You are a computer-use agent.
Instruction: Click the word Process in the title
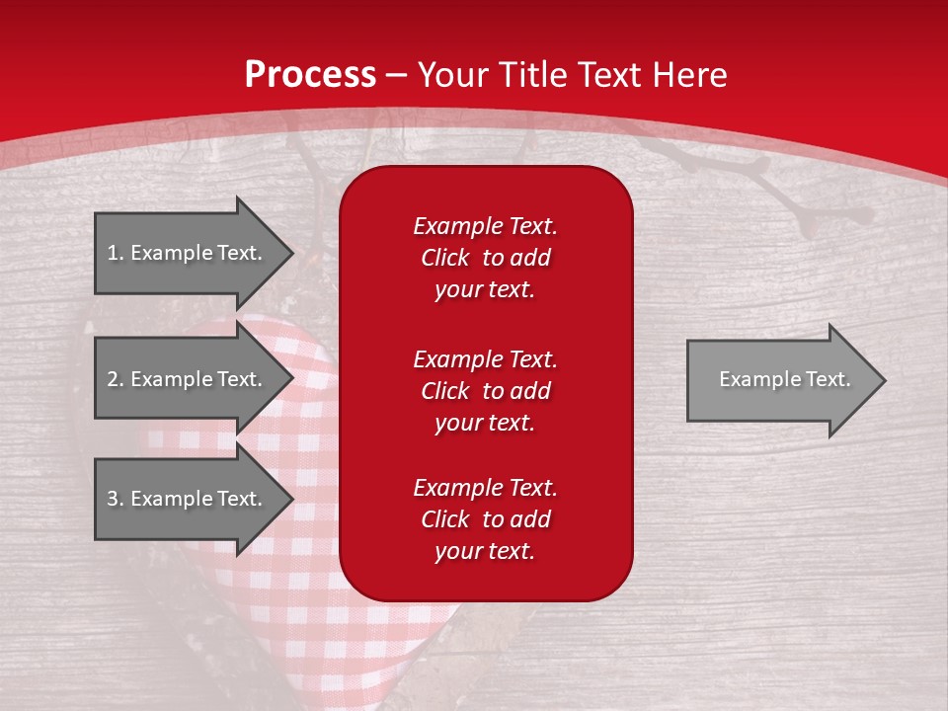[x=310, y=75]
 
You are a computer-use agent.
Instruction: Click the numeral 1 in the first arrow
[x=112, y=253]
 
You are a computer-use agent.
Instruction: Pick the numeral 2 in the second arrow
[x=113, y=379]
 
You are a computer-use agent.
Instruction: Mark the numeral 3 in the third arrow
[x=113, y=499]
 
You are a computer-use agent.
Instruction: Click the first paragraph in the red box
[x=485, y=258]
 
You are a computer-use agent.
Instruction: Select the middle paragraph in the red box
[x=485, y=390]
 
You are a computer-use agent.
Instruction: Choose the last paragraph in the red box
[x=485, y=519]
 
